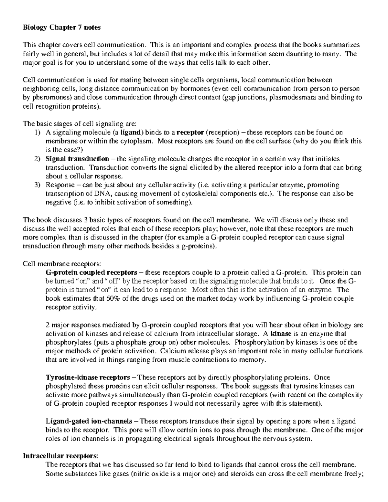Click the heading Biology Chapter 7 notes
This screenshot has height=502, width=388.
click(x=61, y=27)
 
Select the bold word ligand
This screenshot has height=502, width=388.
click(x=132, y=133)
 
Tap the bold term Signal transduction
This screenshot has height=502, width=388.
click(x=77, y=159)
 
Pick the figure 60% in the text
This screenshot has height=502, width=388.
click(x=113, y=299)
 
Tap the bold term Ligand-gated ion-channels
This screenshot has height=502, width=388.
click(x=89, y=422)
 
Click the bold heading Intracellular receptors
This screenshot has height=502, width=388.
click(x=60, y=456)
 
